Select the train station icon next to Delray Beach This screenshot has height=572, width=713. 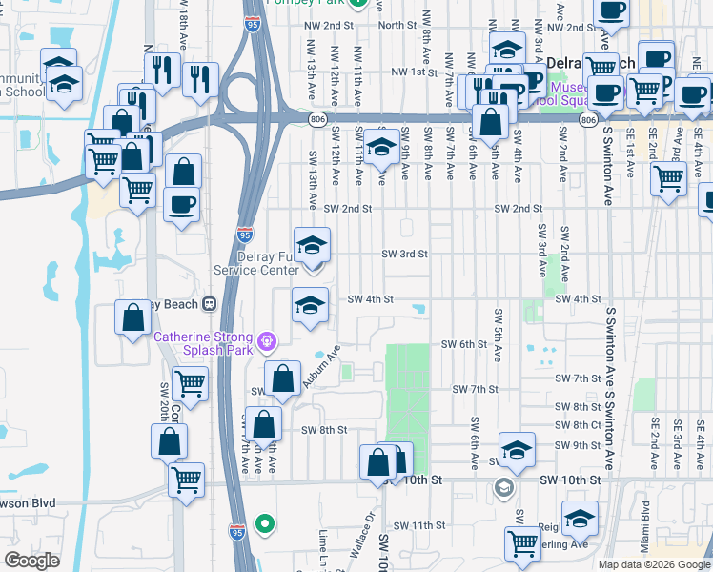[x=208, y=304]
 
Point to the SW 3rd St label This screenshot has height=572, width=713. [x=405, y=255]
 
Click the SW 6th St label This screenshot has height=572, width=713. [x=464, y=344]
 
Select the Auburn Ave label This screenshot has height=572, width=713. [x=321, y=368]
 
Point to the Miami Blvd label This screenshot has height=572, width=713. [x=645, y=526]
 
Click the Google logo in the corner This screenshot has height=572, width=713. [x=31, y=561]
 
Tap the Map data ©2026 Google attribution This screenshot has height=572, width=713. [x=654, y=564]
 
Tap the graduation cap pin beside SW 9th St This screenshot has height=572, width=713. [x=517, y=449]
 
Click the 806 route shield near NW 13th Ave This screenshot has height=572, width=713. [x=317, y=118]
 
